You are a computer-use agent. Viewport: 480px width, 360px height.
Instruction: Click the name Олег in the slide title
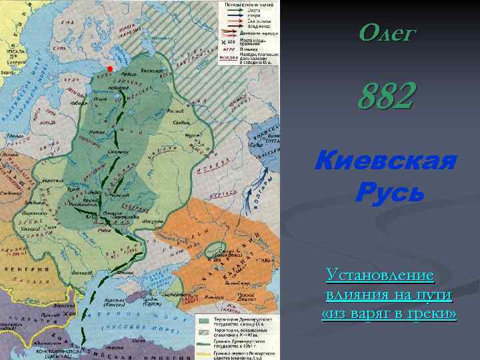tap(386, 33)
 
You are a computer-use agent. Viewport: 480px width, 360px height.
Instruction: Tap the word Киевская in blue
tap(386, 162)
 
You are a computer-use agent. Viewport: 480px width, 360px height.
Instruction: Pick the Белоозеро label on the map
tap(153, 71)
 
